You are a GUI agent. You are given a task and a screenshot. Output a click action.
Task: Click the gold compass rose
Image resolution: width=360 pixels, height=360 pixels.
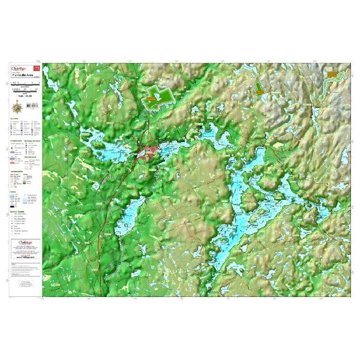point(16,107)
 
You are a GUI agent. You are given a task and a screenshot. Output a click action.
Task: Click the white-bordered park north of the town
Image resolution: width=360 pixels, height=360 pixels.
point(157,96)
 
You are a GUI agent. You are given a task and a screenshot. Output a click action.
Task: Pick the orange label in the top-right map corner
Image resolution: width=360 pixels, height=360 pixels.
point(332,74)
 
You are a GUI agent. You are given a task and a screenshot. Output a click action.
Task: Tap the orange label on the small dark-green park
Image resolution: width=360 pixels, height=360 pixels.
point(259,87)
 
